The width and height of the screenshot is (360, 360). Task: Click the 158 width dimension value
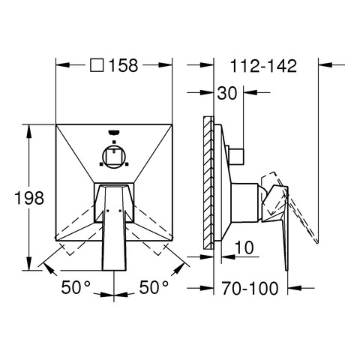124,65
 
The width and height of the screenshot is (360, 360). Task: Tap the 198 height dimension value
29,198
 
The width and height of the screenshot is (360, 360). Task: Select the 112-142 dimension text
263,66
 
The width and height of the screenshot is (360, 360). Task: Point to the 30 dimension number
226,93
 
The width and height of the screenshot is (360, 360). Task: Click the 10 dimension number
244,247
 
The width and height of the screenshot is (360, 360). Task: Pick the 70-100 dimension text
250,288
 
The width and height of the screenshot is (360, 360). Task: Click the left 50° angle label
76,287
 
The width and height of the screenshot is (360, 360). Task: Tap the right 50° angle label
154,287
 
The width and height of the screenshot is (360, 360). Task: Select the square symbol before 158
97,65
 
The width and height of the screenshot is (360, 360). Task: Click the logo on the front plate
114,132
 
